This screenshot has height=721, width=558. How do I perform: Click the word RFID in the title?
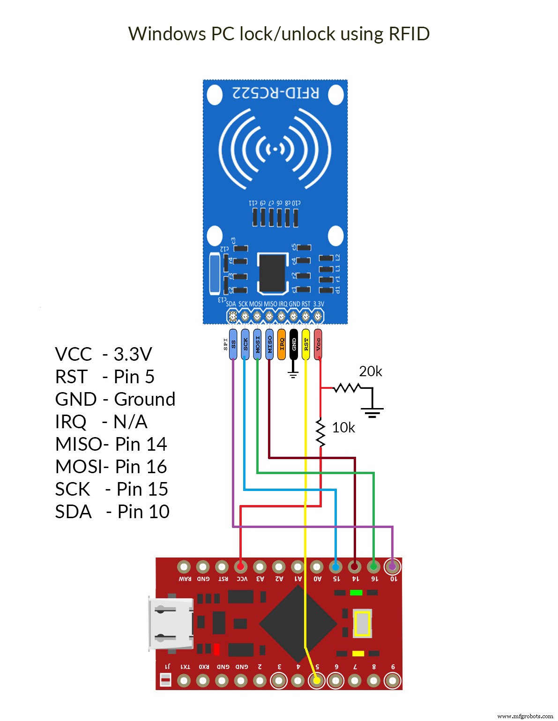409,34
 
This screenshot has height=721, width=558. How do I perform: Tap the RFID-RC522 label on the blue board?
276,93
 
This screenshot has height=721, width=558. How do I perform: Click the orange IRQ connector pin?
282,344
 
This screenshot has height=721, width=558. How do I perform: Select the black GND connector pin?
294,344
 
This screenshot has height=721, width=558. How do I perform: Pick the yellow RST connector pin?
306,344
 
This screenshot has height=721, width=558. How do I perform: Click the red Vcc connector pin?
318,344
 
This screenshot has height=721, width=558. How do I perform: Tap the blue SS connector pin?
233,344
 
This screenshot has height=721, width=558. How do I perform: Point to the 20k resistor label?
370,372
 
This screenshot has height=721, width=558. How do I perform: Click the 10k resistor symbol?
320,433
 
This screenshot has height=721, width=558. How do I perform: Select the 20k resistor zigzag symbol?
347,388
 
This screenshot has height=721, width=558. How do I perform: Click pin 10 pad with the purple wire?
393,567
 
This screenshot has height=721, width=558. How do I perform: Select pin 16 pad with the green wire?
373,567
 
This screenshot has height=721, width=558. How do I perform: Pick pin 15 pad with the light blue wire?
335,567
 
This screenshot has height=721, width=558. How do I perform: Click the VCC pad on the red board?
241,567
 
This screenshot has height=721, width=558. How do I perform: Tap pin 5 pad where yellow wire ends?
317,680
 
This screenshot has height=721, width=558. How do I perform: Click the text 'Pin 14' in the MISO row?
141,444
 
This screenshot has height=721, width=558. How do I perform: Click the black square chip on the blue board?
272,273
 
